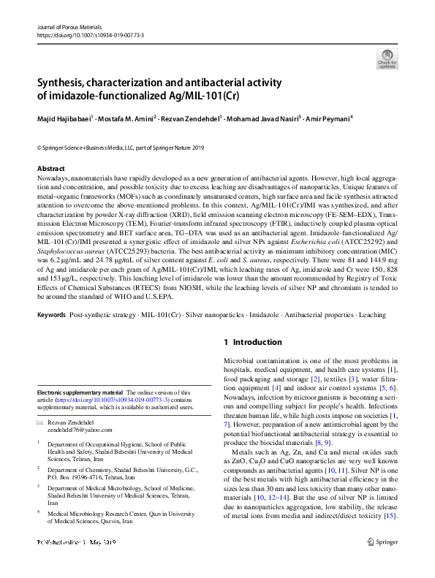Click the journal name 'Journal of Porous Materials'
pyautogui.click(x=69, y=26)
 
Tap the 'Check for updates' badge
pyautogui.click(x=387, y=59)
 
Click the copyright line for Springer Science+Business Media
pyautogui.click(x=117, y=148)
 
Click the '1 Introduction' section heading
pyautogui.click(x=252, y=342)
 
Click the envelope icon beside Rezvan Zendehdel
pyautogui.click(x=39, y=423)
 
